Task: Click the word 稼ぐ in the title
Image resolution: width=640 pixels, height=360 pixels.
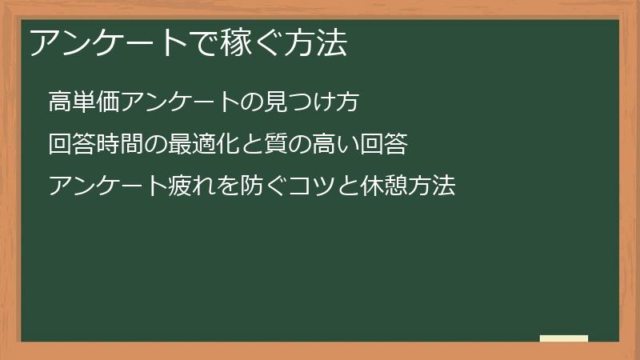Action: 256,45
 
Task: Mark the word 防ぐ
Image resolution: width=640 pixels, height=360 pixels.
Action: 289,187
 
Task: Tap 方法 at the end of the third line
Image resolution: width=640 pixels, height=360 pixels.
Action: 432,187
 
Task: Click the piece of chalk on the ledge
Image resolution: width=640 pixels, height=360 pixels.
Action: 563,339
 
